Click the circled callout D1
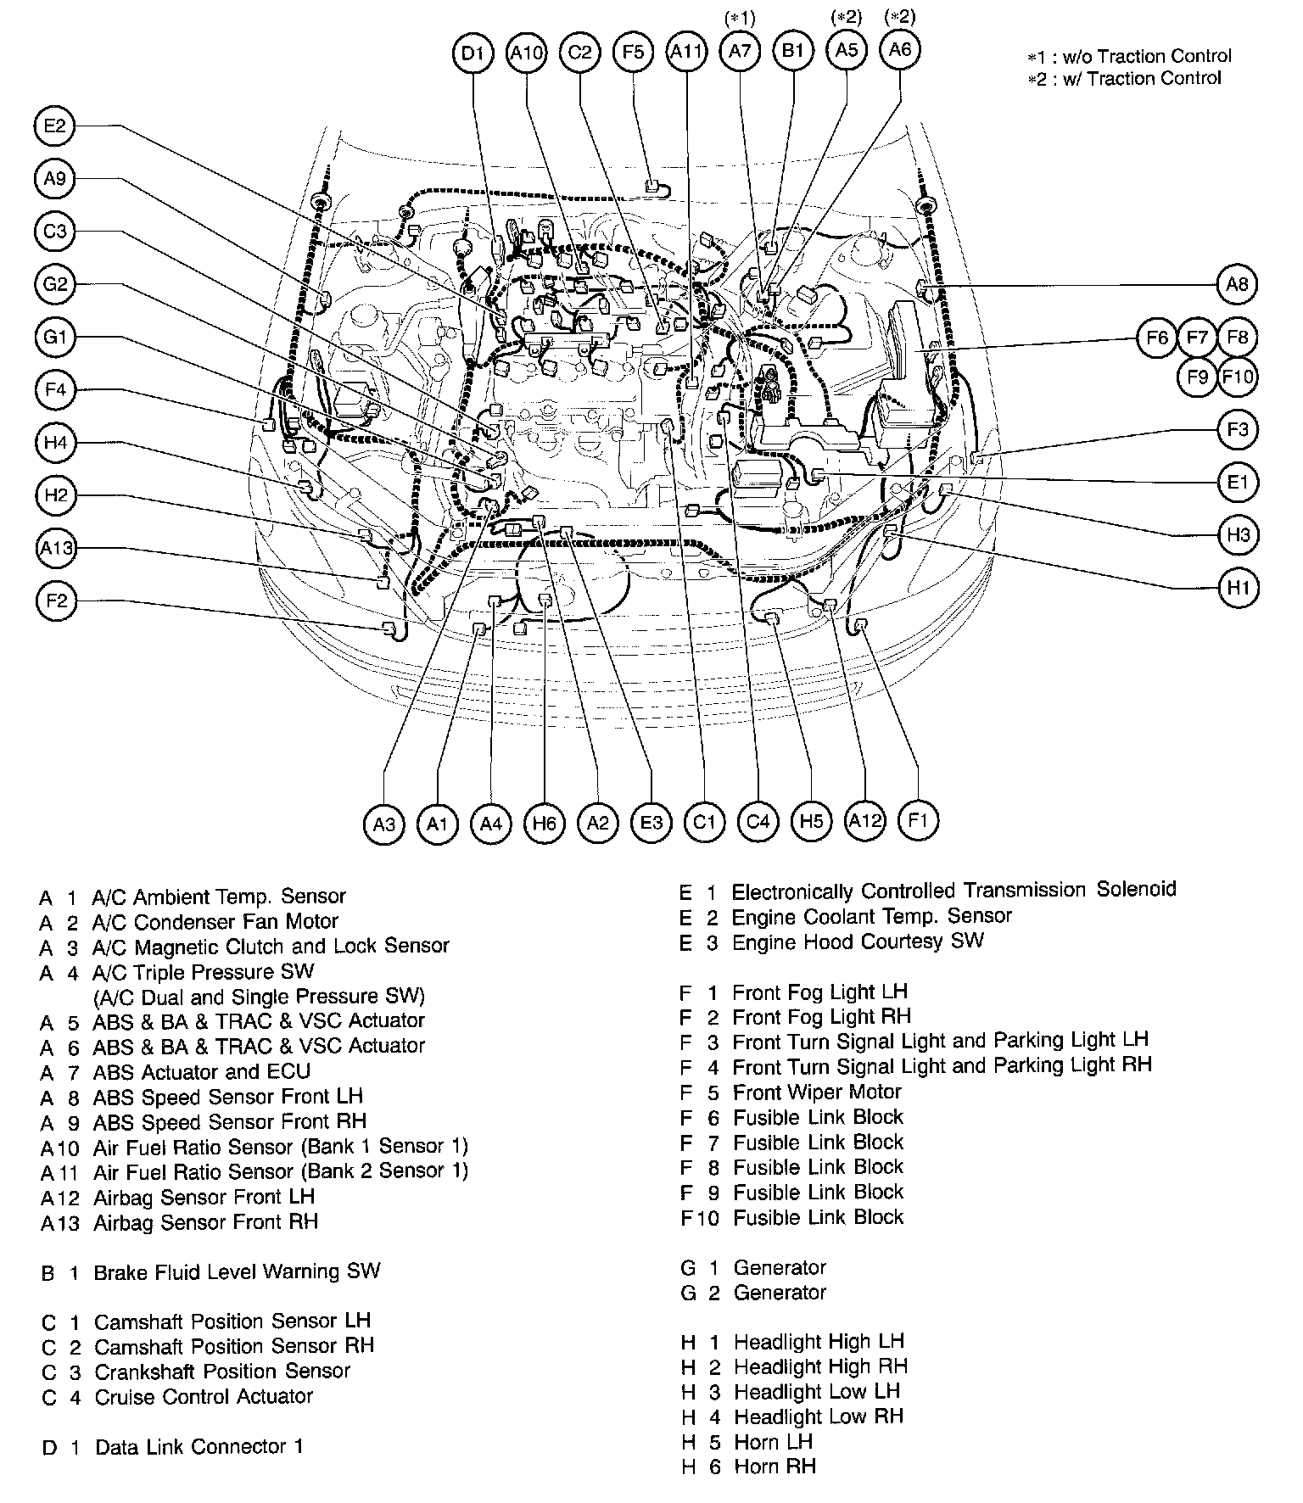pyautogui.click(x=473, y=53)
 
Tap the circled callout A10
pyautogui.click(x=526, y=53)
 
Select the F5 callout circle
pyautogui.click(x=633, y=53)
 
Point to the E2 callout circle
pyautogui.click(x=55, y=126)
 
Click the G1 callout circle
pyautogui.click(x=55, y=338)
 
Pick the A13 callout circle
pyautogui.click(x=57, y=549)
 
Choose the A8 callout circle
pyautogui.click(x=1238, y=284)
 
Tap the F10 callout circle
pyautogui.click(x=1238, y=376)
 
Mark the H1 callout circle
pyautogui.click(x=1238, y=588)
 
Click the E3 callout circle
pyautogui.click(x=651, y=823)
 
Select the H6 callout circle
pyautogui.click(x=545, y=823)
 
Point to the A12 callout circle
pyautogui.click(x=865, y=820)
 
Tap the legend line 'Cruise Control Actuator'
pyautogui.click(x=203, y=1396)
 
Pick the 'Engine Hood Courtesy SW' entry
pyautogui.click(x=857, y=941)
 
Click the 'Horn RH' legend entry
pyautogui.click(x=774, y=1467)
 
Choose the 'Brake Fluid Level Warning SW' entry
pyautogui.click(x=237, y=1271)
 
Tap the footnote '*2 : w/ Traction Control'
pyautogui.click(x=1124, y=79)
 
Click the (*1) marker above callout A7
pyautogui.click(x=740, y=18)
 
